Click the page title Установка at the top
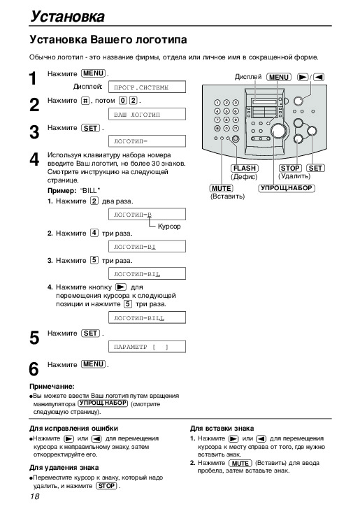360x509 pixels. pos(67,16)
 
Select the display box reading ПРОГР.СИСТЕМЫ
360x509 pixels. pos(147,87)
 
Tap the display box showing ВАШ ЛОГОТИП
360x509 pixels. pos(147,114)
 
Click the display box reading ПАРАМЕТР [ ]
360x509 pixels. pos(147,346)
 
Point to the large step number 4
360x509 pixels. pos(34,159)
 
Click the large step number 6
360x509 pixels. pos(34,369)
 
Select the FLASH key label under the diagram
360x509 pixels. pos(245,168)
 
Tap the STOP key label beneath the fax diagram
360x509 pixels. pos(290,168)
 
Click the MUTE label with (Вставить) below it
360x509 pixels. pos(222,188)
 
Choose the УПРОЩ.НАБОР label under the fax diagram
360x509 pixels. pos(287,188)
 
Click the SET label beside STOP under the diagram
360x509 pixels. pos(315,168)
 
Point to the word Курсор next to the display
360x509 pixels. pos(169,227)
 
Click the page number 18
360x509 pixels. pos(34,496)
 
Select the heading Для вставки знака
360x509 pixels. pos(222,428)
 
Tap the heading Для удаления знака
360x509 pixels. pos(64,468)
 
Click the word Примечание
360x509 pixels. pos(52,386)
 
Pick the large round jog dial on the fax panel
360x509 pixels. pos(278,131)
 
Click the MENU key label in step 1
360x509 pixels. pos(94,73)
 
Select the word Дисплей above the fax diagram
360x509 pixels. pos(248,77)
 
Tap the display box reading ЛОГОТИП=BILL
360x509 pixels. pos(147,317)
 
